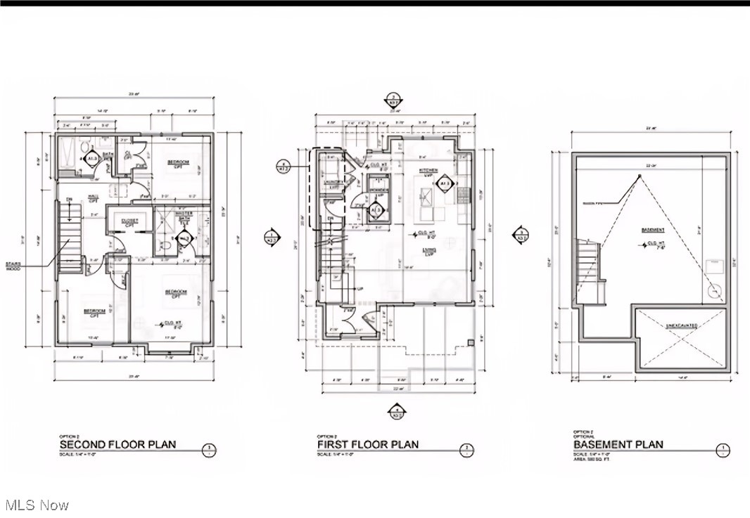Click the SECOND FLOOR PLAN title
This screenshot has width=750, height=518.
tap(117, 444)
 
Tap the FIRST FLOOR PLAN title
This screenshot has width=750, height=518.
tap(368, 444)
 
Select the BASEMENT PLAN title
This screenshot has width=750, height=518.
tap(618, 444)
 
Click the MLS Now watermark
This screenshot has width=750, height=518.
tap(36, 505)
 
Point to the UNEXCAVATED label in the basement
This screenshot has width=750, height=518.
tap(681, 325)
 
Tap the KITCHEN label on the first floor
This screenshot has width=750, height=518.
tap(428, 171)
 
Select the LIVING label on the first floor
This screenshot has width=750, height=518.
tap(428, 250)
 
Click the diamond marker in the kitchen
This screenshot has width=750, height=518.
tap(445, 186)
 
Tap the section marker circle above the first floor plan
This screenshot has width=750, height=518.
tap(395, 99)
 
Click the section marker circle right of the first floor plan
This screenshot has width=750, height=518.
tap(521, 235)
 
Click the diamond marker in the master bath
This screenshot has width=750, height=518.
tap(185, 239)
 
